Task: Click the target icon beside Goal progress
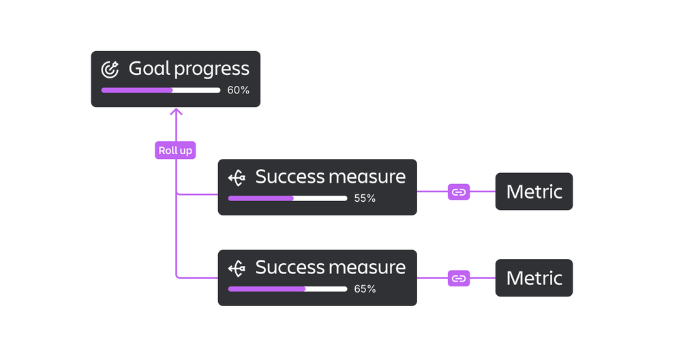click(110, 69)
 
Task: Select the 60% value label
click(238, 90)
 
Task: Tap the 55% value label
click(365, 198)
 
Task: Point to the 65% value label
click(365, 289)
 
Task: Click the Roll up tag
click(175, 151)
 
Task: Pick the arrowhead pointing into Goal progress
click(176, 112)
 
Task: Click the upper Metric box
click(534, 192)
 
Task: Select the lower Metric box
click(534, 278)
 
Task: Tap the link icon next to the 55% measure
click(459, 192)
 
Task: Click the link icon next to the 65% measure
click(459, 278)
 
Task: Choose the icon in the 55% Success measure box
click(237, 178)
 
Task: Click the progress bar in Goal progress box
click(161, 90)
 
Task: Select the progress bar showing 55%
click(287, 198)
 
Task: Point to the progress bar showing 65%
click(287, 289)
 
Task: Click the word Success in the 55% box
click(290, 177)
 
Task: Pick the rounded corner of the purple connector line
click(178, 276)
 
